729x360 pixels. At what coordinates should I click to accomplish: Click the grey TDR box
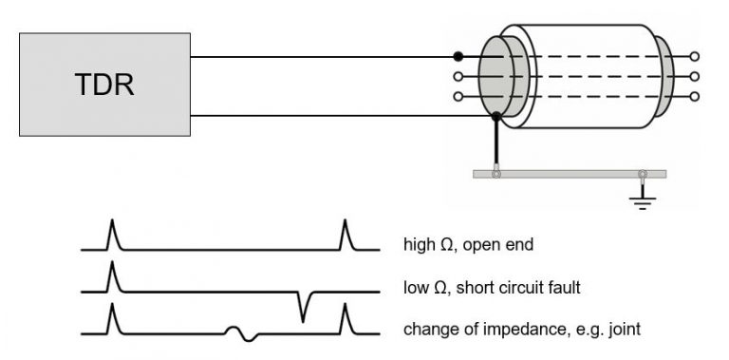pos(104,85)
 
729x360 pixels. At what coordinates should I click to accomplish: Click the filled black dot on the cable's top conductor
pos(458,57)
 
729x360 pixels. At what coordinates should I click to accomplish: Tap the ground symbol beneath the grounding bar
pos(645,197)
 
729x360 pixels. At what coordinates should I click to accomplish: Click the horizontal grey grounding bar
pos(570,174)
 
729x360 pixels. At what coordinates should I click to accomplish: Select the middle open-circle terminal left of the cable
pos(458,76)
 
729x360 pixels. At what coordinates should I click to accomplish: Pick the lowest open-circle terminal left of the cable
pos(458,96)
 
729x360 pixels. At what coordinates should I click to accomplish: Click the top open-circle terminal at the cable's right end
pos(696,57)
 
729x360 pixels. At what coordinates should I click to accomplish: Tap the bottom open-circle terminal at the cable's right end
pos(696,96)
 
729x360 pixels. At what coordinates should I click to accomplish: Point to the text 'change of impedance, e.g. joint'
pos(521,331)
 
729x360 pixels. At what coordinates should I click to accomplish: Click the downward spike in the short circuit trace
pos(303,309)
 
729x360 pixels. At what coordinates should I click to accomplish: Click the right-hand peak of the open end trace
pos(345,231)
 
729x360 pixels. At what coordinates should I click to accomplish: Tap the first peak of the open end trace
pos(112,231)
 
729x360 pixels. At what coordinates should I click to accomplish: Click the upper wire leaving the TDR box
pos(323,57)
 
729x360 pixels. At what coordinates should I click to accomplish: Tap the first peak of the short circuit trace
pos(112,274)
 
